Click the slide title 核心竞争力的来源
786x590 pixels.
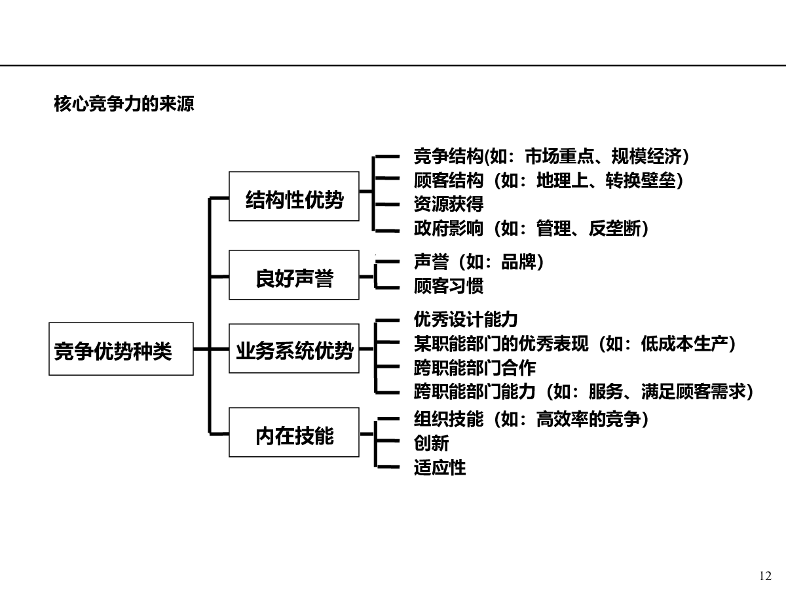click(x=124, y=104)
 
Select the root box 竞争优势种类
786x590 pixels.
click(x=121, y=349)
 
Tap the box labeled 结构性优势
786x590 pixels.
click(x=294, y=196)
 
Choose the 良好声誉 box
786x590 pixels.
click(x=294, y=275)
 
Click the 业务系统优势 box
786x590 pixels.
click(x=294, y=349)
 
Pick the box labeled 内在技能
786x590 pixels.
click(x=294, y=433)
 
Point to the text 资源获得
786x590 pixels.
click(x=449, y=204)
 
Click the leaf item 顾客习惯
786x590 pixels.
click(x=449, y=286)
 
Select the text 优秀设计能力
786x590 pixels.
click(x=466, y=319)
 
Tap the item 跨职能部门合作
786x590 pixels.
click(x=475, y=368)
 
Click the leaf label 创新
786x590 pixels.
click(x=431, y=443)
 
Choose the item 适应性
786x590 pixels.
click(x=440, y=467)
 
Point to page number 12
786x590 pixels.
click(x=765, y=576)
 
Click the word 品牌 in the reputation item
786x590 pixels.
click(x=519, y=262)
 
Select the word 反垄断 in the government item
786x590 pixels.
click(x=615, y=228)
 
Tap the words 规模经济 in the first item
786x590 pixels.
click(x=646, y=156)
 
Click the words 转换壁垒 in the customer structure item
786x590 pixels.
click(x=641, y=180)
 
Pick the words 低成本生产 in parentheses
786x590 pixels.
click(x=684, y=344)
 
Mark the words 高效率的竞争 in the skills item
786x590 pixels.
click(x=589, y=419)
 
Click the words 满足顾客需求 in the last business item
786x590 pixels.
click(x=693, y=391)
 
